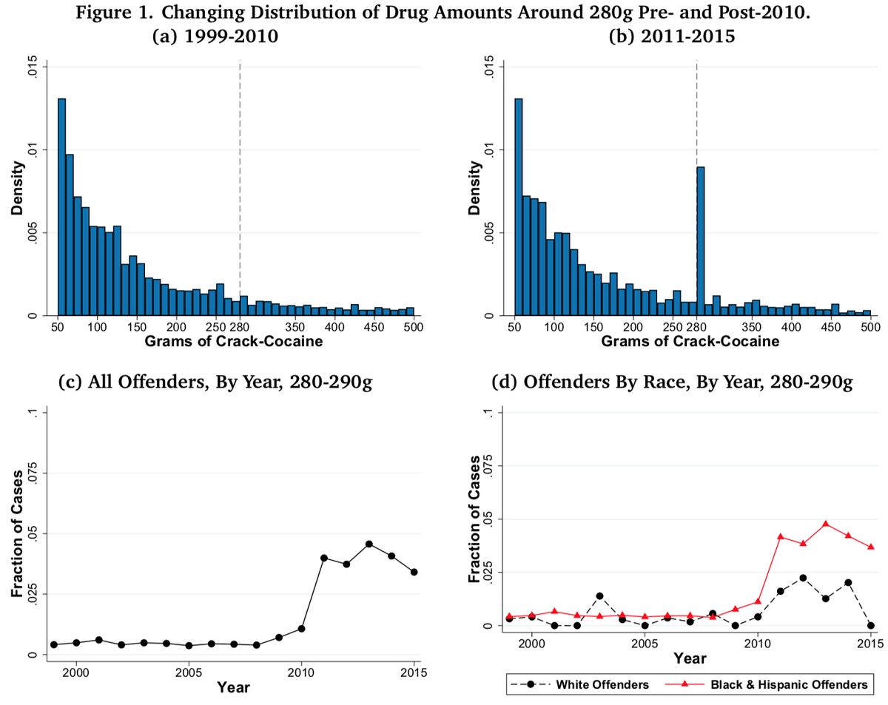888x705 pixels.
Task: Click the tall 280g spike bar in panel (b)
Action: pos(700,241)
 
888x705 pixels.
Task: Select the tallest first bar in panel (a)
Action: pos(61,207)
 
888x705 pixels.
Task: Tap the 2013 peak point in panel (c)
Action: pos(369,544)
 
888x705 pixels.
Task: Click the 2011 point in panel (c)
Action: pos(324,558)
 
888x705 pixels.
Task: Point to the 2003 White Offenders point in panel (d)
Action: pos(599,596)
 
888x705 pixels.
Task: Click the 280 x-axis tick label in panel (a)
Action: pos(238,328)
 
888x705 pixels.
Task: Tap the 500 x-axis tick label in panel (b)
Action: pos(870,328)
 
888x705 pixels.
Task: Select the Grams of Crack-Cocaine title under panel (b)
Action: pos(690,343)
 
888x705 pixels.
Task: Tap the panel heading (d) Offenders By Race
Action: pos(672,383)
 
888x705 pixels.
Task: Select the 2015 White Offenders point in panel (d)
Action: pos(870,625)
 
